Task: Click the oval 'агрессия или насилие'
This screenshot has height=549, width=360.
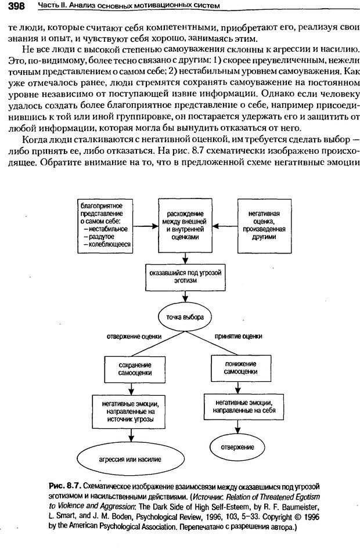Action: click(130, 458)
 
